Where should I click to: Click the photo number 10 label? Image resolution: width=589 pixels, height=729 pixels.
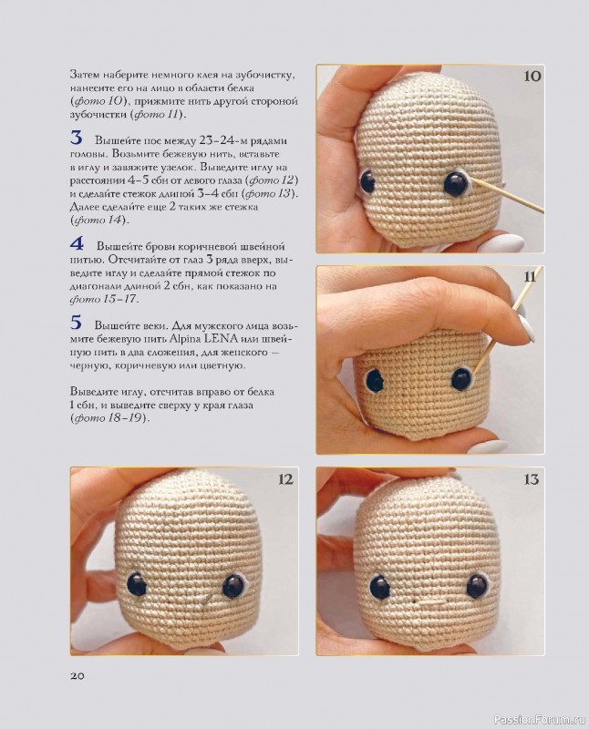(532, 76)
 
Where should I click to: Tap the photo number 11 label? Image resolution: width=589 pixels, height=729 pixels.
(530, 277)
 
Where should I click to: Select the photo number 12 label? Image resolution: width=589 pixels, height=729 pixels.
(285, 479)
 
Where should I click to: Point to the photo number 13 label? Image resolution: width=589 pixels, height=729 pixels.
(532, 479)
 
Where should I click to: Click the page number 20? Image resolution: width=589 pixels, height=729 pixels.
(77, 676)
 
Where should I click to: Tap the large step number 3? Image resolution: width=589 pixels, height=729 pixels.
(77, 139)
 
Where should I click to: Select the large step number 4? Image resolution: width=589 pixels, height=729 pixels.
(77, 243)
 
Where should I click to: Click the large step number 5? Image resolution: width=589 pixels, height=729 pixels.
(77, 323)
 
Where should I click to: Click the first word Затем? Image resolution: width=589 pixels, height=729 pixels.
(84, 75)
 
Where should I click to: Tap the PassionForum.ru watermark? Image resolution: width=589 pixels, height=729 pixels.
(540, 720)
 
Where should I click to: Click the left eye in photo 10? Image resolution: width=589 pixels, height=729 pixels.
(368, 181)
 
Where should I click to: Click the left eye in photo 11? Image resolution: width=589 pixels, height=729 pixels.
(375, 380)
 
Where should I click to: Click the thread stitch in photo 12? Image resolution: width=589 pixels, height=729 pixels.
(206, 600)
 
